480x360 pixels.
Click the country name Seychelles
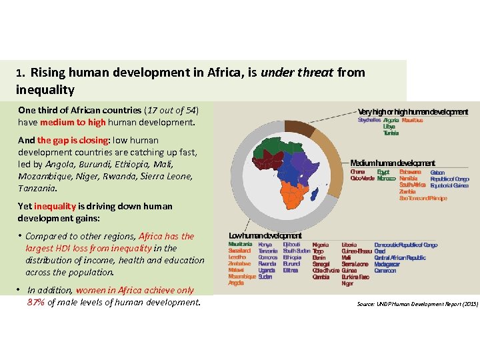[x=369, y=121]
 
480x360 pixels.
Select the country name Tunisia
[x=391, y=133]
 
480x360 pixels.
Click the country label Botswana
[x=410, y=172]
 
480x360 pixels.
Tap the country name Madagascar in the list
[x=387, y=264]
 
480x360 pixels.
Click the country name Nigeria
[x=320, y=245]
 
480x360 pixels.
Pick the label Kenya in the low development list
[x=265, y=245]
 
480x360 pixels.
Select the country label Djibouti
[x=292, y=245]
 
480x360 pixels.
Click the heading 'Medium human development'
[x=393, y=163]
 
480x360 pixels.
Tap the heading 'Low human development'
[x=265, y=235]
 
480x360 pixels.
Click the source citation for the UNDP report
[x=417, y=304]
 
